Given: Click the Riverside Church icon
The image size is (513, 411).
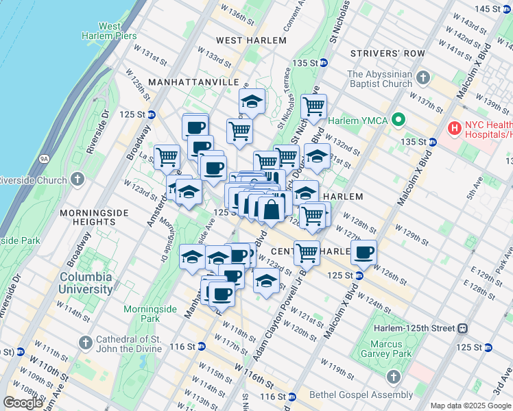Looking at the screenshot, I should coord(77,180).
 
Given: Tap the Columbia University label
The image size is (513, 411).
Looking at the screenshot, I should coord(86,283).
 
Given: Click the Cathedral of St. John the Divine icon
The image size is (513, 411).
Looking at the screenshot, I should coord(85,342).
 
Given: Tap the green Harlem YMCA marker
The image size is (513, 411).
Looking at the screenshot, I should coord(398,121).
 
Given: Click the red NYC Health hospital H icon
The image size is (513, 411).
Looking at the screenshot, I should coord(453,128).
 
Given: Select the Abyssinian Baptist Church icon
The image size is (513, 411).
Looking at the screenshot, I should coord(425,77).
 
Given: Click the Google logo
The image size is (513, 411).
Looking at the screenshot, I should coord(23,403).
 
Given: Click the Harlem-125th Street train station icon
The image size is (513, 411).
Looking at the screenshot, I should coord(464,329).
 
